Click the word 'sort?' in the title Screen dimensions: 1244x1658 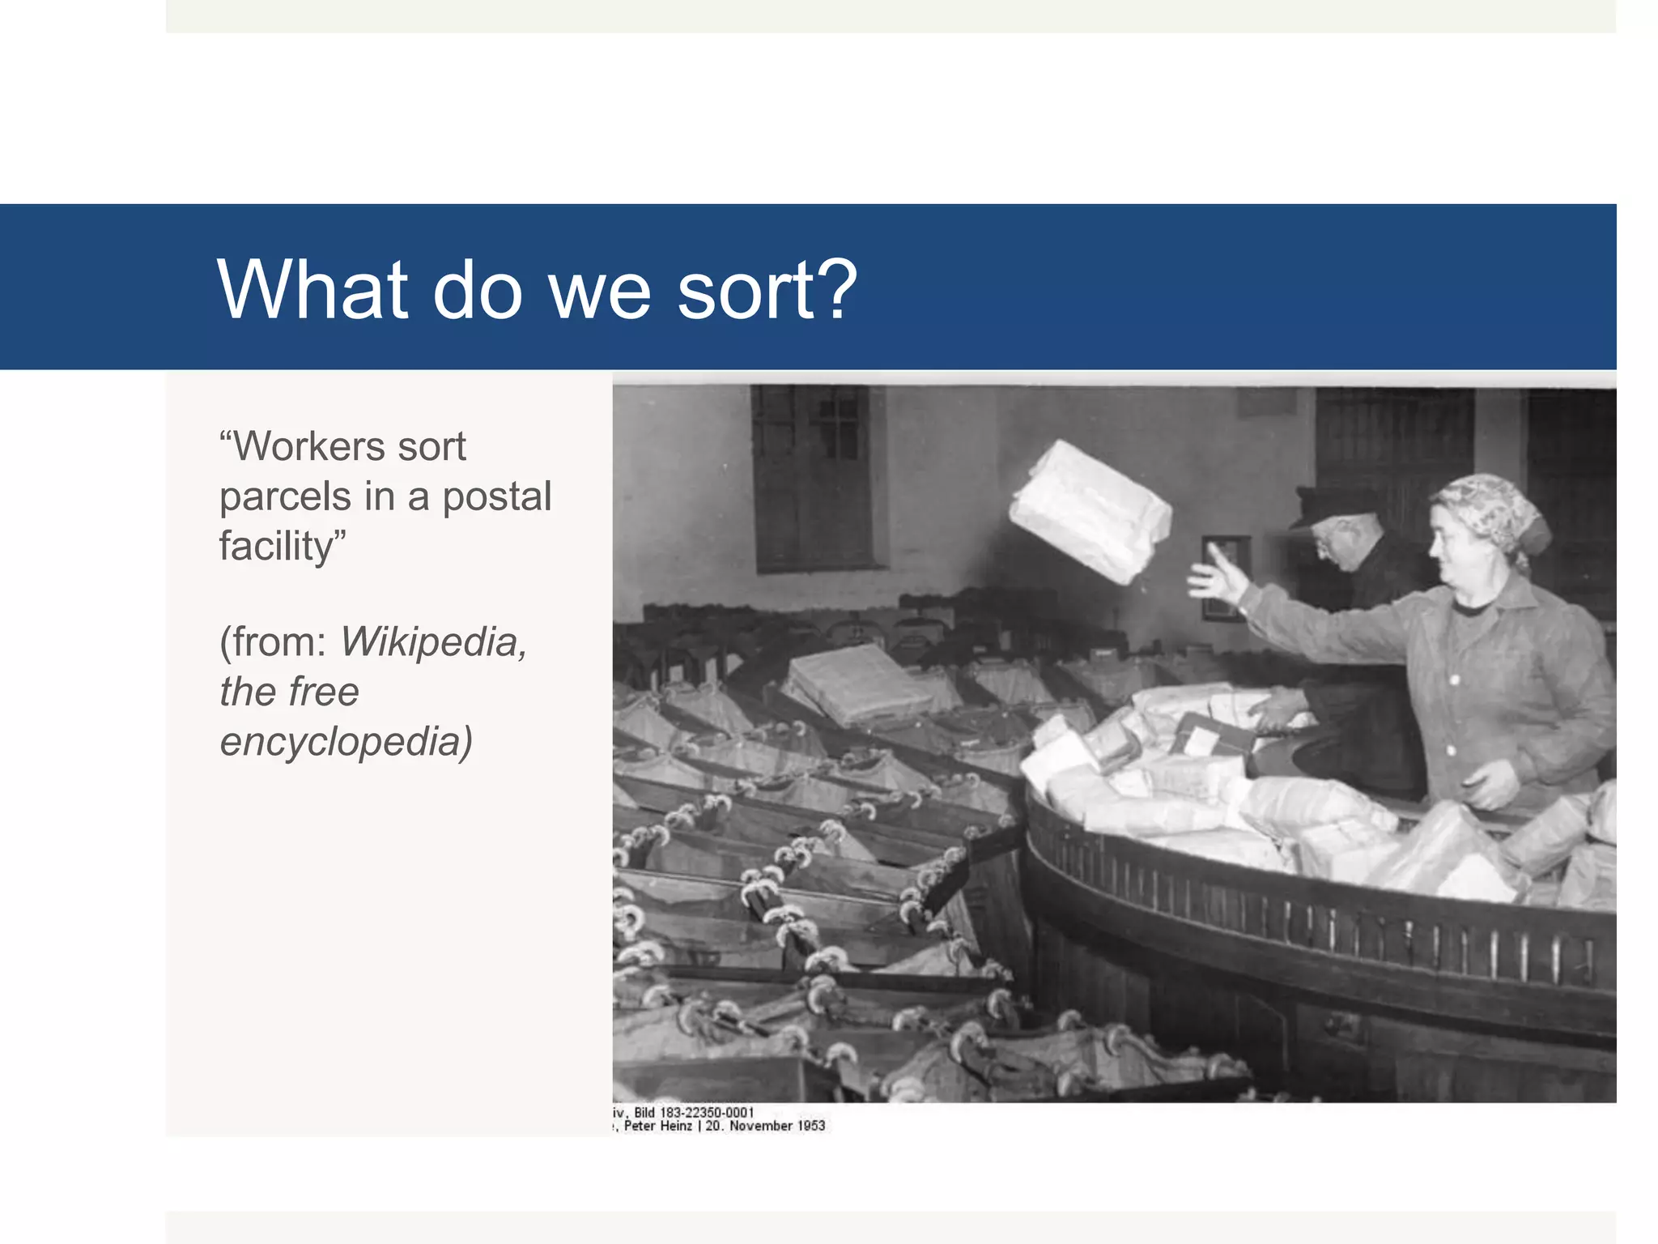point(767,290)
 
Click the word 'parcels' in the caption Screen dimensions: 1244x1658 point(285,496)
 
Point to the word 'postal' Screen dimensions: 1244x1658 point(496,496)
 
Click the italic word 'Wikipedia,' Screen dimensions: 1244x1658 point(433,642)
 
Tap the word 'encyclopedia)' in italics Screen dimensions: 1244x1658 point(346,742)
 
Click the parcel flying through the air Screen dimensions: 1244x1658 point(1089,512)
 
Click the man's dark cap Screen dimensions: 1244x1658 point(1332,504)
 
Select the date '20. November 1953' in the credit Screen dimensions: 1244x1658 point(765,1126)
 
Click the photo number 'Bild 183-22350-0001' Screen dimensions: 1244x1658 point(694,1113)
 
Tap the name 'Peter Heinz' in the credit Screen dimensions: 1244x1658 point(657,1126)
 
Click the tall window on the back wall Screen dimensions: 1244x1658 point(813,478)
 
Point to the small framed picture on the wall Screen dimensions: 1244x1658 point(1225,575)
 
